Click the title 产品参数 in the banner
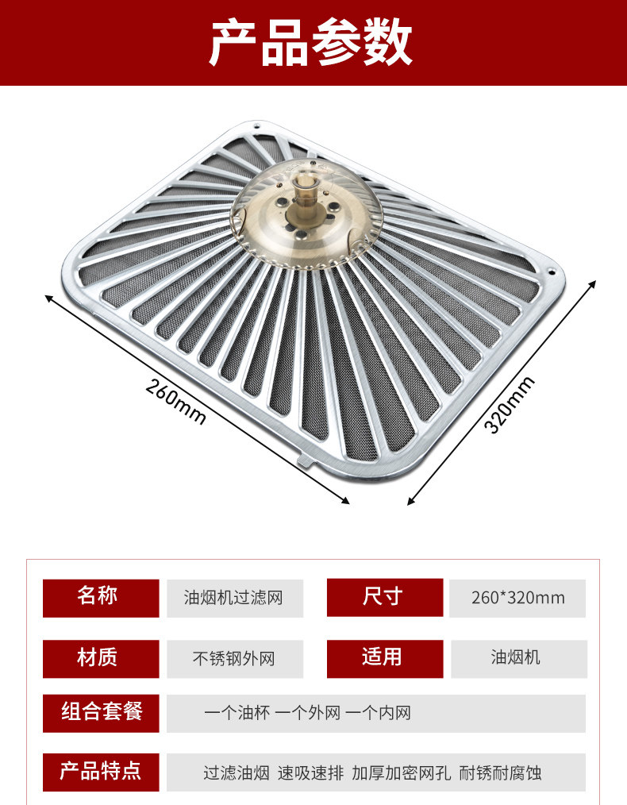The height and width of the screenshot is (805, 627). [x=311, y=42]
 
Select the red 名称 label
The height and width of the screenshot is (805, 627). [x=101, y=597]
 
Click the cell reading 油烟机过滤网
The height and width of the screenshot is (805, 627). [x=234, y=598]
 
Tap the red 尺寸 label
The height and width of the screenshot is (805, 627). [x=384, y=597]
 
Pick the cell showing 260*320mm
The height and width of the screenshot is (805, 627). [x=517, y=598]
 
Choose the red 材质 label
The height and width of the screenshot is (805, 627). [x=101, y=657]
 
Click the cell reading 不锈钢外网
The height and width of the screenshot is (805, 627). [x=234, y=658]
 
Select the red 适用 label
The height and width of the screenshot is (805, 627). [x=384, y=657]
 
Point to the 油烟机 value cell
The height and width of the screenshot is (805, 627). [x=517, y=658]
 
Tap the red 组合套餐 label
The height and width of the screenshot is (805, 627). [x=101, y=712]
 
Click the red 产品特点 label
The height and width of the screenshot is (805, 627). [x=101, y=771]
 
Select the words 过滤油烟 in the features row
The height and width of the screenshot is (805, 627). [x=236, y=772]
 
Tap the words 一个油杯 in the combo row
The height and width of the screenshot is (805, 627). [x=237, y=713]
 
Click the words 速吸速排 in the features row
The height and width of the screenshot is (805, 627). [x=310, y=772]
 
